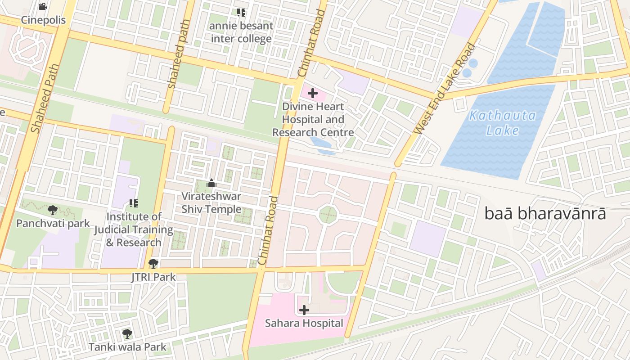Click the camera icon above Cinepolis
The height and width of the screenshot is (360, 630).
[43, 6]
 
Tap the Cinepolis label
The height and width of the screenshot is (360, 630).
[43, 20]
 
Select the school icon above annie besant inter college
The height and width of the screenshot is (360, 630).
[241, 13]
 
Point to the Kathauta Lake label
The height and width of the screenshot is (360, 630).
[502, 123]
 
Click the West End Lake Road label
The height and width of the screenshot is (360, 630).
[445, 89]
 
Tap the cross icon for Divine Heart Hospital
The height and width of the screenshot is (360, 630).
[313, 94]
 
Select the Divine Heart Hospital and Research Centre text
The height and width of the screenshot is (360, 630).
[313, 120]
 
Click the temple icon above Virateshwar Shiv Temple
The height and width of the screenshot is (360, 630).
[211, 183]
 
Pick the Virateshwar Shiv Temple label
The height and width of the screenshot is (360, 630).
[211, 203]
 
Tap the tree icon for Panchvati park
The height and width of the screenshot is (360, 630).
[53, 210]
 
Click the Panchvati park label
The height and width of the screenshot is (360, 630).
[53, 224]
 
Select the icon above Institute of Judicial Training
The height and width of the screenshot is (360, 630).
[133, 203]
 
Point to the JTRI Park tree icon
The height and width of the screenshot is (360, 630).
[153, 264]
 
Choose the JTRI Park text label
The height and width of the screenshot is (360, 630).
[153, 277]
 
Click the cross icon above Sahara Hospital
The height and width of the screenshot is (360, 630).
[304, 310]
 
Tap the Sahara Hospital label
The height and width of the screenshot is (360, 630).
[304, 323]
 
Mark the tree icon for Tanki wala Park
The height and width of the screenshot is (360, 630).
[127, 333]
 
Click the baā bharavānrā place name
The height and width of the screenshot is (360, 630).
[545, 214]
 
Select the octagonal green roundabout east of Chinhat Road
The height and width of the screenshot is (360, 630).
[328, 215]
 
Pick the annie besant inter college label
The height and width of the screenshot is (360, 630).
[241, 32]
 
